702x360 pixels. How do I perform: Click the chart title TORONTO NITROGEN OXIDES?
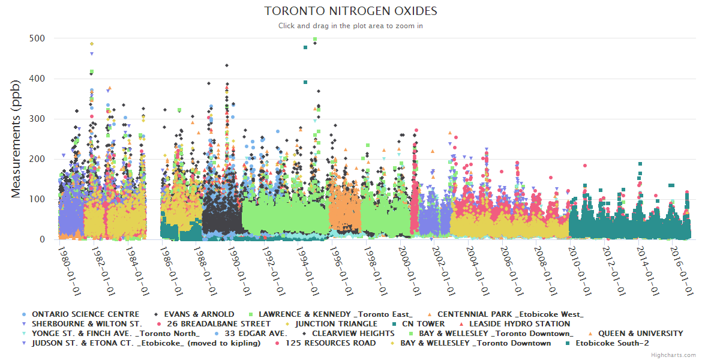point(351,11)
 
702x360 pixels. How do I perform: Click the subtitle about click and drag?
point(351,26)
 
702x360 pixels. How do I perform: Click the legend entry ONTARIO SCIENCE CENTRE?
point(85,314)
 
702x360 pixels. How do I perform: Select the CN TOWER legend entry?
point(423,324)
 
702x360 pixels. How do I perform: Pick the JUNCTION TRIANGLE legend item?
point(336,324)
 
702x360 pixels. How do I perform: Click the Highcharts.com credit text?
point(675,355)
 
